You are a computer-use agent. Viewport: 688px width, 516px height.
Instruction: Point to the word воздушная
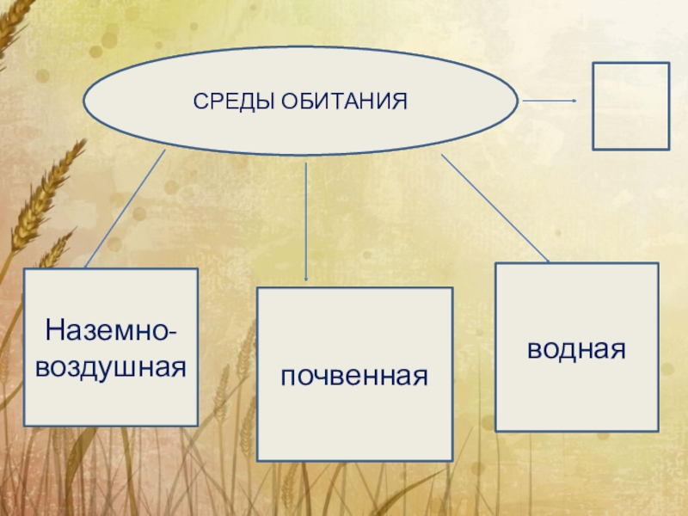[x=111, y=367]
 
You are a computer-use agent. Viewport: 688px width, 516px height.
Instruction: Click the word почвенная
[x=354, y=376]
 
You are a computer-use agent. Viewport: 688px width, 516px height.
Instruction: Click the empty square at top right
[x=630, y=105]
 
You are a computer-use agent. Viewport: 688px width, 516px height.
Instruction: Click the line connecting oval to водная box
[x=494, y=207]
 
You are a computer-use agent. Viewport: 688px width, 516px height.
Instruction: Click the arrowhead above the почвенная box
[x=307, y=277]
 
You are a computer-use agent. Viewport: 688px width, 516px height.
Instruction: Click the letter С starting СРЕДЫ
[x=198, y=102]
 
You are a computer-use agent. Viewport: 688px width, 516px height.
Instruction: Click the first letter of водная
[x=535, y=350]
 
